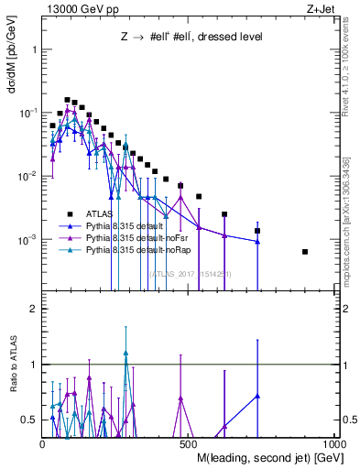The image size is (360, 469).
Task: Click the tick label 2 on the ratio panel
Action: (x=35, y=310)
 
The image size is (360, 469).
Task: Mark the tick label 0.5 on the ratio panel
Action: (x=30, y=419)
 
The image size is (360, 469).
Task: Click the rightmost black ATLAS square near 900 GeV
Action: (x=305, y=252)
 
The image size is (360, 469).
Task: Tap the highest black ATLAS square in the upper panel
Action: (x=67, y=100)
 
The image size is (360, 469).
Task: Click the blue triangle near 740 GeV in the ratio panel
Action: (x=257, y=396)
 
